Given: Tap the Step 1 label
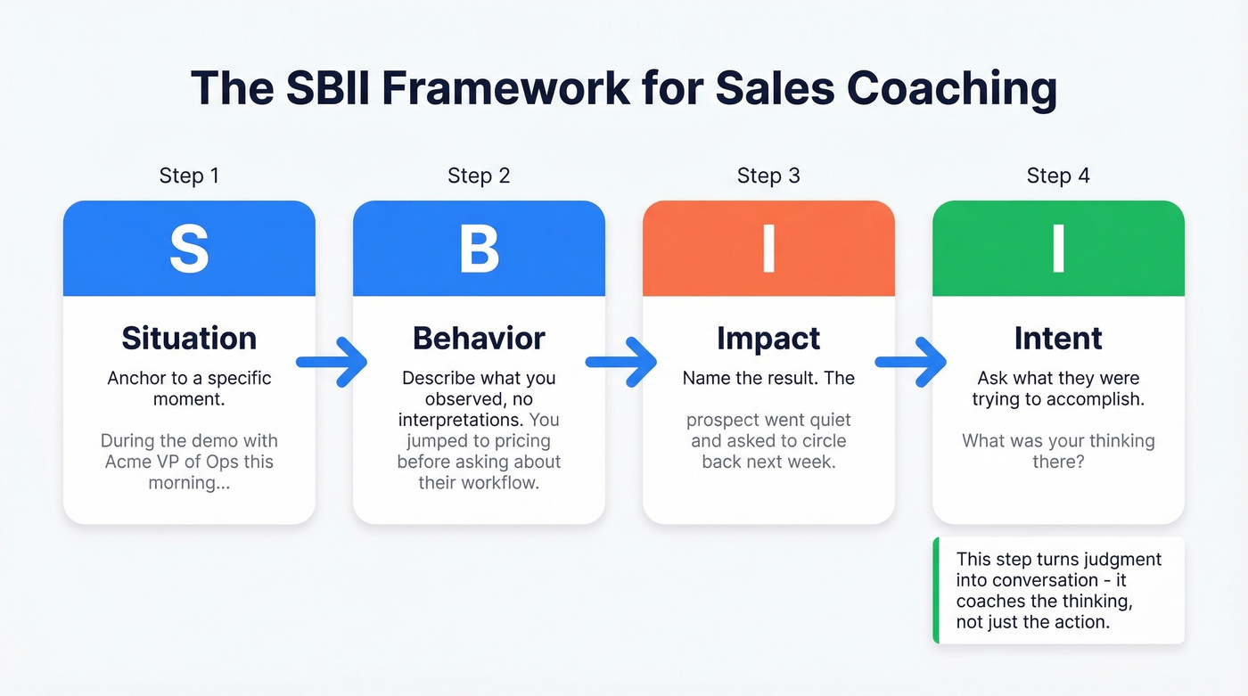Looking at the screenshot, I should (189, 176).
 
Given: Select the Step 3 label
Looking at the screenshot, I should (768, 176).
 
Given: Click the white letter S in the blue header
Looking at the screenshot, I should (189, 250).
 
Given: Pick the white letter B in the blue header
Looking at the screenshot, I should (479, 250).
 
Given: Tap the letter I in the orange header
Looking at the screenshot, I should (768, 250).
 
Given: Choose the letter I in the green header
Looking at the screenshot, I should (1058, 250).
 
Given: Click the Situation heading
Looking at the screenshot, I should (189, 339).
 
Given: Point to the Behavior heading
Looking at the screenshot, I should (479, 339).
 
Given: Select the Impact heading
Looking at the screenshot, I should (768, 339).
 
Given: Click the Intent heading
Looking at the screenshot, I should (1058, 339).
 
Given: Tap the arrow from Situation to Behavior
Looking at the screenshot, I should (333, 362).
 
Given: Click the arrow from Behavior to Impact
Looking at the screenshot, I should (622, 362).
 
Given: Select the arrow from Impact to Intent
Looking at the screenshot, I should (912, 362).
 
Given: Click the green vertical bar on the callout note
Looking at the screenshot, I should (936, 590).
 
